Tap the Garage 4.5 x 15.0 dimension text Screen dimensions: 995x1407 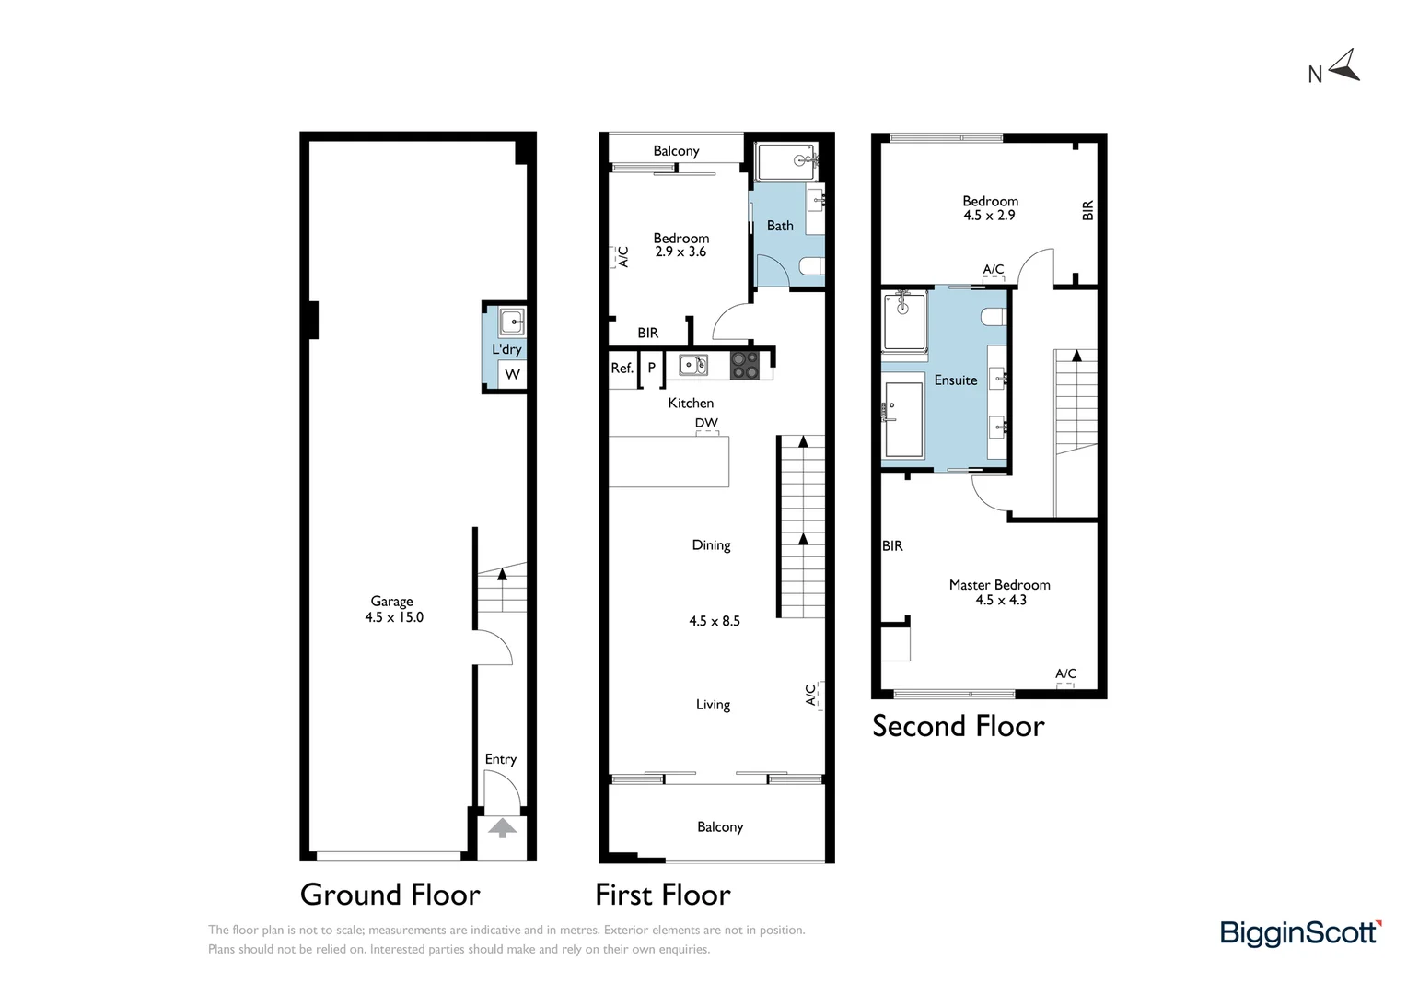394,617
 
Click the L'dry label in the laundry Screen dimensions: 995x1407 506,349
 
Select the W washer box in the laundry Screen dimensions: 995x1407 512,374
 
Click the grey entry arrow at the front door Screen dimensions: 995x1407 502,828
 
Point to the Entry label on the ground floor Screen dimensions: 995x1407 500,759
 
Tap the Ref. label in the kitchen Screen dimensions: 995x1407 622,368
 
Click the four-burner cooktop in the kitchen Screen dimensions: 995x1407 744,366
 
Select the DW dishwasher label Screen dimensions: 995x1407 706,423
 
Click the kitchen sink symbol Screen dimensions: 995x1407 692,365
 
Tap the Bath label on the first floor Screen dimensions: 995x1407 780,226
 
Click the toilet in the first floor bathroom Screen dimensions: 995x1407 810,267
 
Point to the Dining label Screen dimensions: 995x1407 711,545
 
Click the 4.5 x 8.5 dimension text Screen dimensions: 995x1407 715,621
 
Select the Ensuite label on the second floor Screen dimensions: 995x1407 956,380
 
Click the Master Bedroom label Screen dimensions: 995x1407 999,585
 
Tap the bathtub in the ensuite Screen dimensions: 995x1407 902,420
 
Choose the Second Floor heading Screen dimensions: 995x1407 958,726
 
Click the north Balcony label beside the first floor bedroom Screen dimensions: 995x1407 676,151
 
